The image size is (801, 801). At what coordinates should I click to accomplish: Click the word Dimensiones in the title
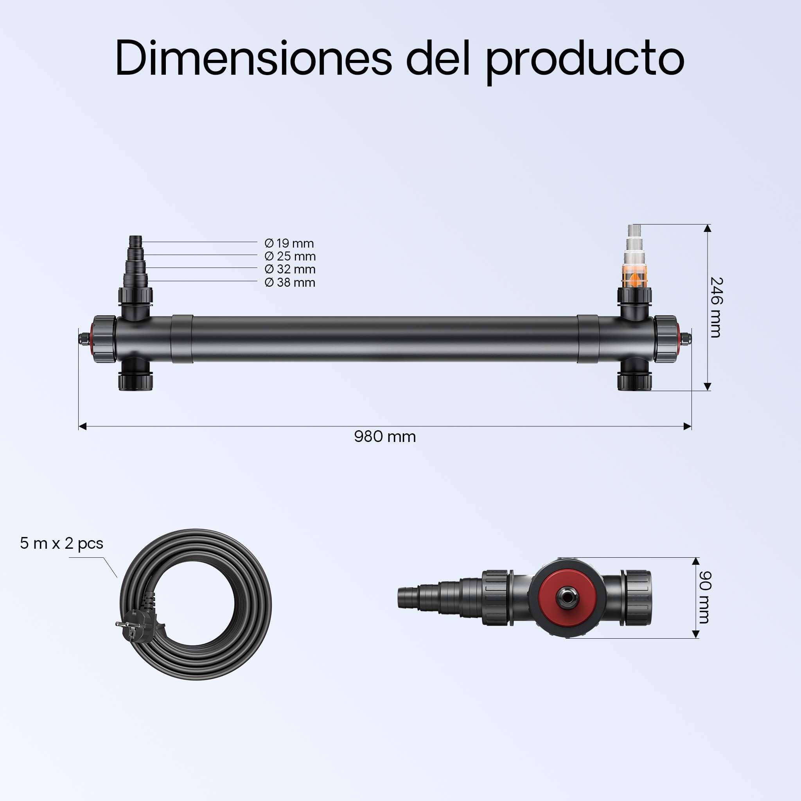pyautogui.click(x=253, y=57)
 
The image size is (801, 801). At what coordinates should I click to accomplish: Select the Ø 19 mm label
pyautogui.click(x=289, y=243)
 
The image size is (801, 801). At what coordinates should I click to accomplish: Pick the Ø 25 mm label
pyautogui.click(x=290, y=256)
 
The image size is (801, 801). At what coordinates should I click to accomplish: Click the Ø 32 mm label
pyautogui.click(x=290, y=269)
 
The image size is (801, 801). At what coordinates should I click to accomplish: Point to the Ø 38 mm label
pyautogui.click(x=290, y=282)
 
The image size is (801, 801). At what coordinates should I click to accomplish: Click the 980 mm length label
pyautogui.click(x=385, y=436)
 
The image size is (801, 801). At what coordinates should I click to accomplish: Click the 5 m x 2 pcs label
pyautogui.click(x=62, y=544)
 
